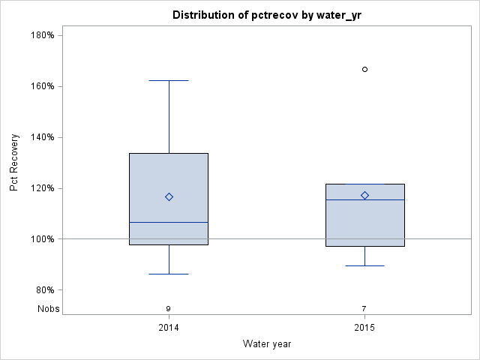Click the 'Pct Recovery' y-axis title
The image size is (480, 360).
click(15, 163)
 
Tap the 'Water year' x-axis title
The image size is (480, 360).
click(267, 344)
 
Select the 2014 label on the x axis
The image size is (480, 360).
click(169, 328)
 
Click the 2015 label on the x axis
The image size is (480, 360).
click(364, 328)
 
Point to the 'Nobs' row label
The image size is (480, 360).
click(48, 309)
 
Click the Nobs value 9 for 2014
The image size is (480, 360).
click(169, 309)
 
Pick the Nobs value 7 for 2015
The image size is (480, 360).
click(364, 309)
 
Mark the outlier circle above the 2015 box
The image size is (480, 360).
click(365, 69)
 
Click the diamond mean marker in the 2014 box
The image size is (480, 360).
click(169, 197)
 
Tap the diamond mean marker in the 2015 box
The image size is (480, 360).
click(365, 196)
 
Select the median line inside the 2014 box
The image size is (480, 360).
click(169, 222)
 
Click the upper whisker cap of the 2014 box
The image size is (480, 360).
click(169, 80)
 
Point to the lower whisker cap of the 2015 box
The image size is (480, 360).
click(365, 265)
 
